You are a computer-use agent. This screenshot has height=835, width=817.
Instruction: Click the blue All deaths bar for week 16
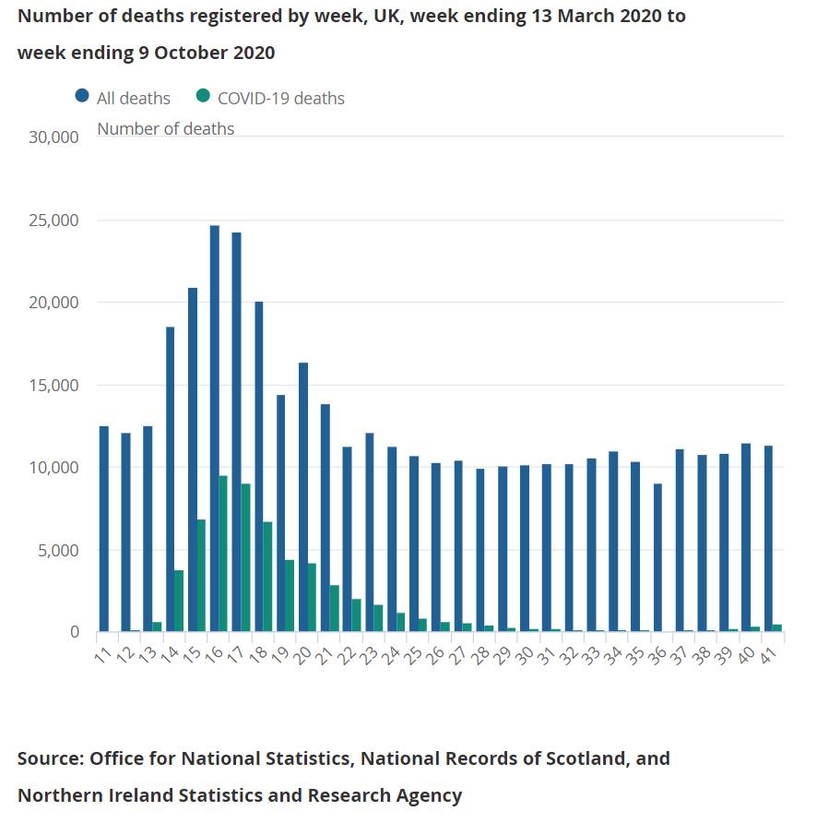tap(215, 429)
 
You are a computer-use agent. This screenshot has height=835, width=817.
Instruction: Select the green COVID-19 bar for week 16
tap(223, 554)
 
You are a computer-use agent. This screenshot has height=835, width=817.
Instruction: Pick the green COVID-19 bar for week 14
tap(179, 601)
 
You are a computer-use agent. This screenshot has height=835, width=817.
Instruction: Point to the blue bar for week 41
tap(767, 539)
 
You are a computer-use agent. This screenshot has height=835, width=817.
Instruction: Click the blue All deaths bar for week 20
tap(302, 497)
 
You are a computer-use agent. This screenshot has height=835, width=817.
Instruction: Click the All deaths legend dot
tap(82, 97)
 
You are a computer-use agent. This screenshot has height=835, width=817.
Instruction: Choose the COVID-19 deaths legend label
tap(280, 98)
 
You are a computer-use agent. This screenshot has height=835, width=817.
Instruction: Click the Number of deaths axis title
tap(165, 128)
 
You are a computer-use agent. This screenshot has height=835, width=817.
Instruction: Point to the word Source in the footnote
tap(48, 758)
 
